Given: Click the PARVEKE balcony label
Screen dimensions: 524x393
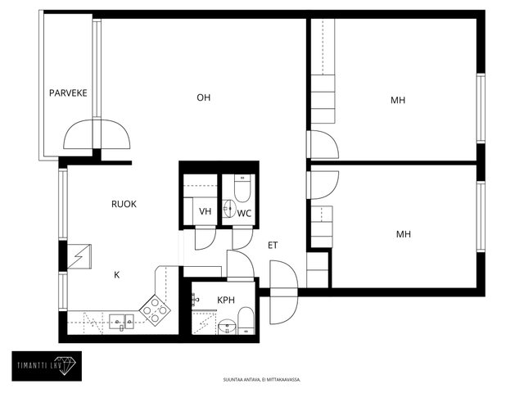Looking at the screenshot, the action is (68, 93).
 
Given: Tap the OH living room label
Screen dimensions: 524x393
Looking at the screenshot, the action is (204, 97).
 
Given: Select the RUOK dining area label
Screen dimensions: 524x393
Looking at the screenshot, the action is (124, 204).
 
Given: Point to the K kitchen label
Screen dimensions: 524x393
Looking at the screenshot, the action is (116, 275).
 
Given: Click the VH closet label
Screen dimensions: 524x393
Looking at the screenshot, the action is (205, 211).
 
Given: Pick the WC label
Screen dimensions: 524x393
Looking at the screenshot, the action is (244, 213).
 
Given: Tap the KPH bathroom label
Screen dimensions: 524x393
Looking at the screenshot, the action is (226, 300).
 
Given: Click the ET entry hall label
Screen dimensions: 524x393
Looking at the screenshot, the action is (273, 246).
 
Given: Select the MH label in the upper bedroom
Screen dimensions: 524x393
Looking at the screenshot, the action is (398, 100).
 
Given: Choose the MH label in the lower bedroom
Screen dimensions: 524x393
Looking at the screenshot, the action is (403, 234).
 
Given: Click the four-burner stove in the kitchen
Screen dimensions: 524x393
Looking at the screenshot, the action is (155, 310).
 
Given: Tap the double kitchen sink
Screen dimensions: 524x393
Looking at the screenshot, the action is (121, 322).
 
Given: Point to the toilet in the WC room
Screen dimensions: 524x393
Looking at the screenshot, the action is (242, 188).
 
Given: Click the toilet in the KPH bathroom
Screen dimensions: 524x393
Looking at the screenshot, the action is (246, 321).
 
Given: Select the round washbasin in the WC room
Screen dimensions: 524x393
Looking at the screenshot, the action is (229, 209).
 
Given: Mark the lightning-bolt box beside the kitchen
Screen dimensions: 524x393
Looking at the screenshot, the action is (79, 256).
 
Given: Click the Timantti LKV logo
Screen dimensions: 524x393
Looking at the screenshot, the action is (47, 366).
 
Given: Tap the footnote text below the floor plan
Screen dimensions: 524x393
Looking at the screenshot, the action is (262, 380).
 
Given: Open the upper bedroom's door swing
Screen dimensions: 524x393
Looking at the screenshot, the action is (324, 144).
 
